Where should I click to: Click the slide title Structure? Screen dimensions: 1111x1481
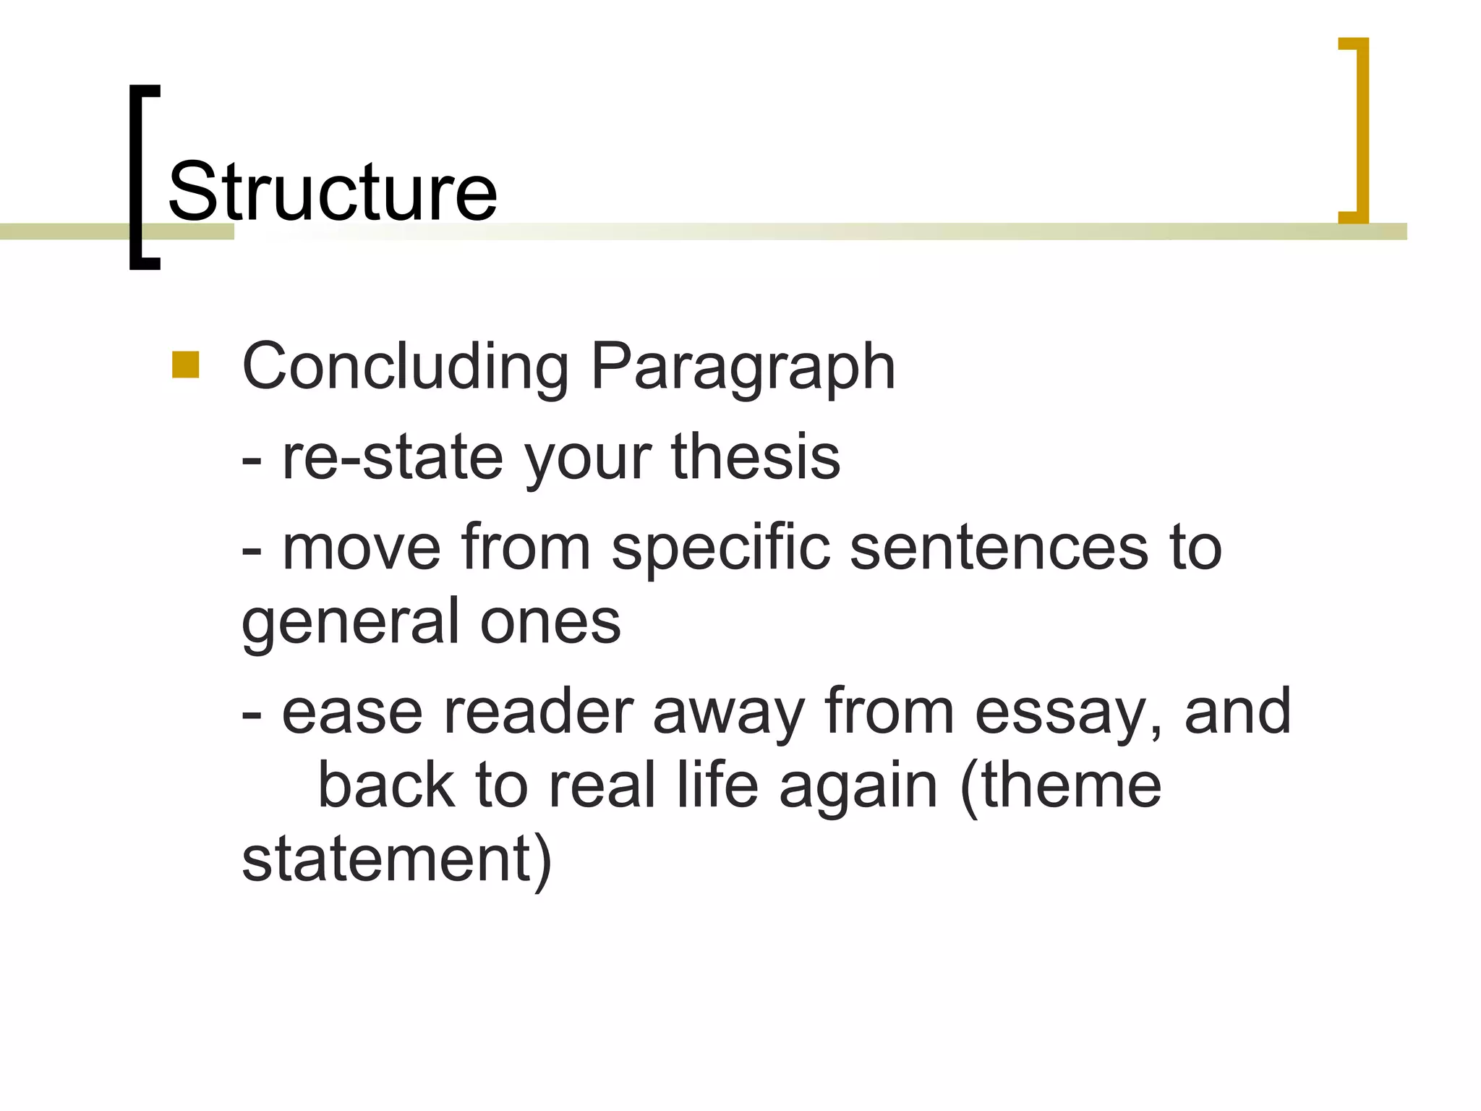click(x=332, y=192)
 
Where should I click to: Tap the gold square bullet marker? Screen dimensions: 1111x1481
click(x=186, y=365)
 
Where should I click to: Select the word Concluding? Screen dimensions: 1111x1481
click(x=405, y=367)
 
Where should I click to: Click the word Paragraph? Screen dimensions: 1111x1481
click(x=743, y=367)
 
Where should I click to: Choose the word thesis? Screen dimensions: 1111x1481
click(x=756, y=457)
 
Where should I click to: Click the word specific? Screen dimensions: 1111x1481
click(x=720, y=548)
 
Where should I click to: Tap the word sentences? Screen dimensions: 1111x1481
click(x=999, y=548)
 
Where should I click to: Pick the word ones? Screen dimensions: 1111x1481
click(x=550, y=622)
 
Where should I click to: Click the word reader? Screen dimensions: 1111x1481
click(x=538, y=712)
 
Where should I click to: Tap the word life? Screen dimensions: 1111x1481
click(x=717, y=786)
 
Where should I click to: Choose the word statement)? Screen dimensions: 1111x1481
click(x=396, y=861)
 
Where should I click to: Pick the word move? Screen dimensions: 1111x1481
click(x=361, y=548)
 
